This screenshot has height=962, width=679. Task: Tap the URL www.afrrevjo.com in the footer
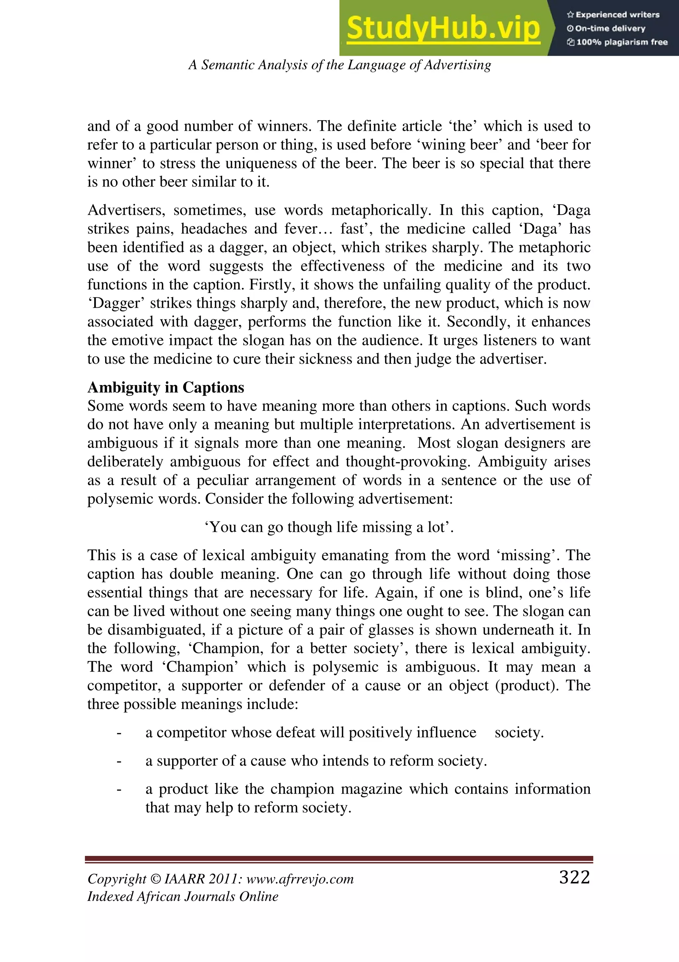pyautogui.click(x=300, y=879)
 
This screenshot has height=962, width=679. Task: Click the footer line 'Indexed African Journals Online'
pyautogui.click(x=183, y=897)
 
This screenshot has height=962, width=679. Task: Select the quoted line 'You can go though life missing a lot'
pyautogui.click(x=329, y=527)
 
